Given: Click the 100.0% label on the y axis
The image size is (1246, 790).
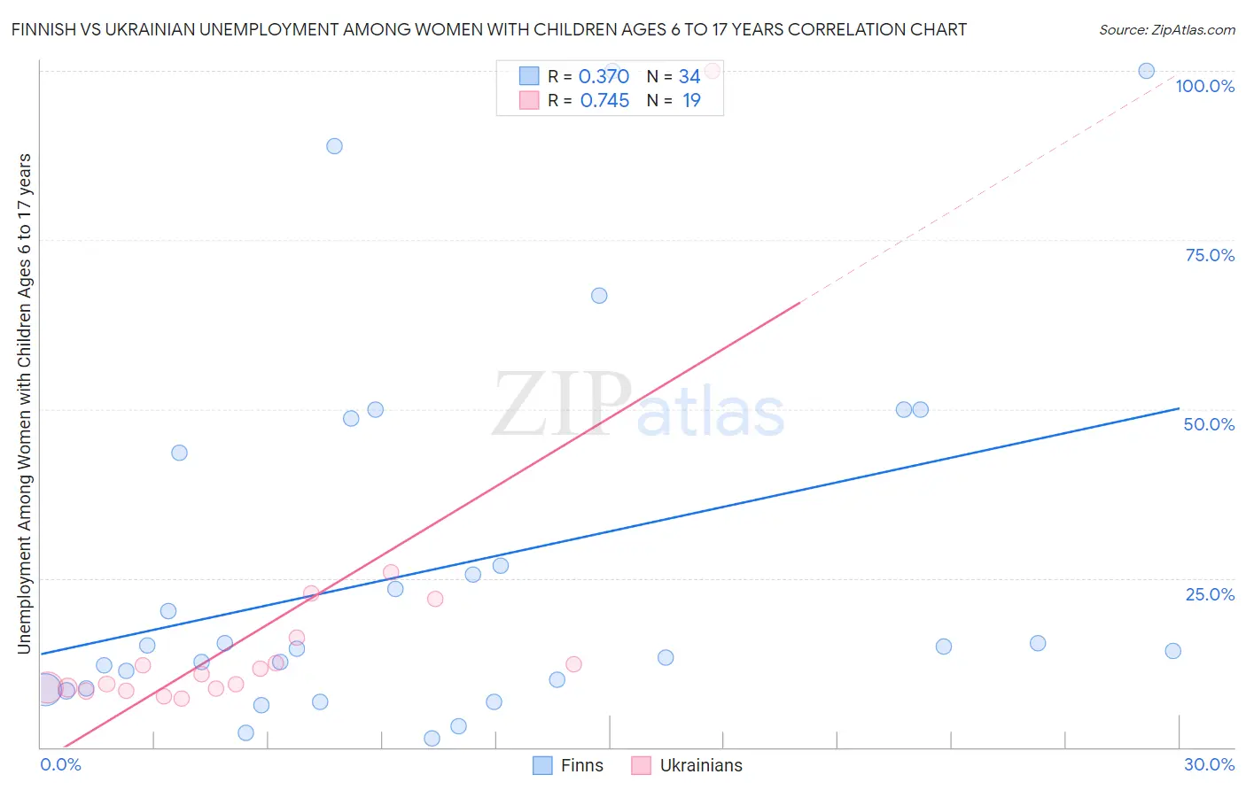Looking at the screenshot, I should (x=1204, y=86).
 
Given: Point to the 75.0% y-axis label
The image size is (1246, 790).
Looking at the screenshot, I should (x=1210, y=255).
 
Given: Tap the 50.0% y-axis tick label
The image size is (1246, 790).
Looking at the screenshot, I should (x=1209, y=424).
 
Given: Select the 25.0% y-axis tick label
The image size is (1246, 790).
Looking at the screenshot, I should (x=1210, y=594).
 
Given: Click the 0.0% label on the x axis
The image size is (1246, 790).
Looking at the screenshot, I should (x=60, y=764).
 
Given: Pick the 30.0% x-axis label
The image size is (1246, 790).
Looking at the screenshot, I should (x=1209, y=764).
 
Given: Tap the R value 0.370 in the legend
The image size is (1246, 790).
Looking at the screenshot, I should (x=604, y=76).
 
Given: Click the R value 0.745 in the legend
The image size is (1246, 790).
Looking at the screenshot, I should (x=604, y=100).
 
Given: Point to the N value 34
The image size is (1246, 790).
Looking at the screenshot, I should (x=689, y=76).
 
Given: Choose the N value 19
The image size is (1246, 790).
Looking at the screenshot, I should (x=691, y=100).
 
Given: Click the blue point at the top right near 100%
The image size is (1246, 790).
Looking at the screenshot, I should (x=1146, y=71).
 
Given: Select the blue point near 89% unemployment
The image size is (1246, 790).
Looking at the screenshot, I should (x=334, y=146).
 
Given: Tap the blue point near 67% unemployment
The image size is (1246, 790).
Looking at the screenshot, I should (x=599, y=296).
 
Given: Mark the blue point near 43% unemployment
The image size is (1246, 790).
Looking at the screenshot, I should (x=179, y=453).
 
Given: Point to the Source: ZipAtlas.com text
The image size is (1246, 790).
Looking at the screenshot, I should (x=1166, y=29).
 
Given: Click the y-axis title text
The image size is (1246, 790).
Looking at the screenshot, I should (x=24, y=404).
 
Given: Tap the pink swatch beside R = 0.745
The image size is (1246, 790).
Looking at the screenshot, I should (x=529, y=100).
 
